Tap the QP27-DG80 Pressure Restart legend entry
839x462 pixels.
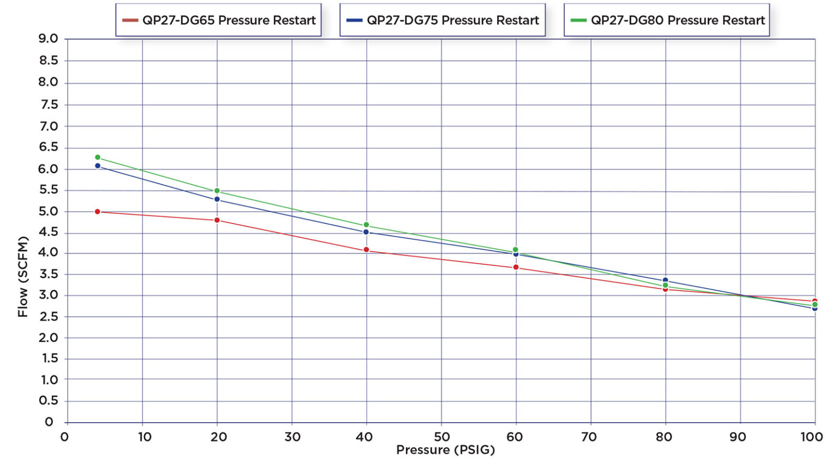(667, 20)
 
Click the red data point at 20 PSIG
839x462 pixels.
(217, 221)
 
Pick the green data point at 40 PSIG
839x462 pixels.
(366, 225)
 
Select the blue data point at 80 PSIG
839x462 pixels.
(665, 280)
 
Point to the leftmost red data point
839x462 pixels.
(98, 211)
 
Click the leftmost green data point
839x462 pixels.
(98, 157)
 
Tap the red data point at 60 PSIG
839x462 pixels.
(516, 268)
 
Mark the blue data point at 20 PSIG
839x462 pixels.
(217, 199)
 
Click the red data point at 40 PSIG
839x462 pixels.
(366, 250)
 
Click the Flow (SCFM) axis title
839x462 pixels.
(22, 276)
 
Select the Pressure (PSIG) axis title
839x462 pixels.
(445, 450)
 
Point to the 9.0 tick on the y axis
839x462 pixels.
(48, 39)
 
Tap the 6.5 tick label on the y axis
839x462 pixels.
(48, 147)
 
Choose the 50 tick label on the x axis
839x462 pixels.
(441, 437)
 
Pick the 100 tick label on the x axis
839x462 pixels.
(812, 437)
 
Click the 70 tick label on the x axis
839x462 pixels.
(589, 437)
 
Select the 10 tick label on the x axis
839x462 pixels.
(144, 437)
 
